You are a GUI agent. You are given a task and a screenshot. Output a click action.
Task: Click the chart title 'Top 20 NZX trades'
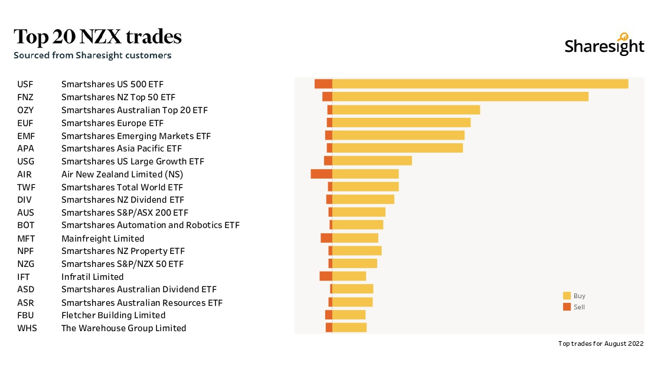[97, 37]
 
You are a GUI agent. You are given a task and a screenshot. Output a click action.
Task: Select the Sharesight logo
[604, 45]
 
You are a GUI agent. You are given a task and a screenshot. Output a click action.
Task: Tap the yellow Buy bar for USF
[480, 84]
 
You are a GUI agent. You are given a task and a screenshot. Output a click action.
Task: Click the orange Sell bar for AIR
[322, 174]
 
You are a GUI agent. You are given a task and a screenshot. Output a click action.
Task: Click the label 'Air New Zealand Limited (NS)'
[122, 174]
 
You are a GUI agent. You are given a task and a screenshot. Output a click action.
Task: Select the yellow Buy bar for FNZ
[460, 97]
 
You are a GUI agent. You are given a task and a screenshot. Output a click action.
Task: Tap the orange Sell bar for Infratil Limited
[326, 276]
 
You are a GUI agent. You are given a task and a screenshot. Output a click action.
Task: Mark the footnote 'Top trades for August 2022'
[600, 344]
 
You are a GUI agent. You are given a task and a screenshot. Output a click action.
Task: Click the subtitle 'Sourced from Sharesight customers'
[93, 55]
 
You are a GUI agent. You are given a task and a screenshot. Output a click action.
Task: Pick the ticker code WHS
[27, 328]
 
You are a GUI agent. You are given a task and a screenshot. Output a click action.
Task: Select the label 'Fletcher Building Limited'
[113, 315]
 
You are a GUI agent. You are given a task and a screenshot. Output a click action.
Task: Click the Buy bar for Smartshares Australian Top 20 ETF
[406, 110]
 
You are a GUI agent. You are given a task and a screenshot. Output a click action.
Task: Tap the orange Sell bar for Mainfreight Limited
[326, 238]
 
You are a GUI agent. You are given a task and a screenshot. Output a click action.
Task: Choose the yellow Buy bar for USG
[372, 161]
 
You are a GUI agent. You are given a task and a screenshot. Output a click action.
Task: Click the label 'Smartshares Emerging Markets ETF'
[136, 136]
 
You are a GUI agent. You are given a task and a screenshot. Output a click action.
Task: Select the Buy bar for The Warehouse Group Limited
[349, 328]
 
